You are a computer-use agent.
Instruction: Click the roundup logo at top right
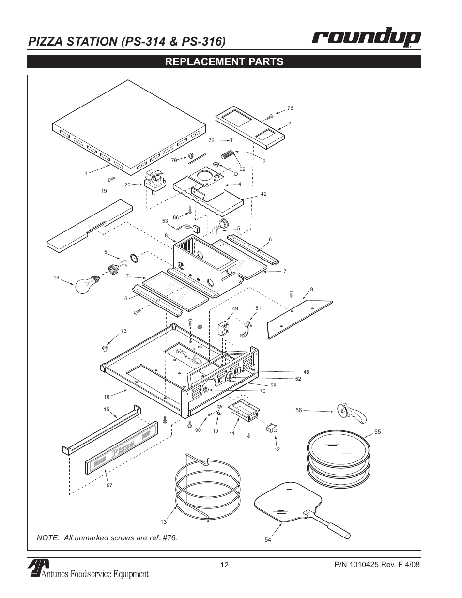coord(366,39)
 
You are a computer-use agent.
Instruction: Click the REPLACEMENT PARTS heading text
coord(224,61)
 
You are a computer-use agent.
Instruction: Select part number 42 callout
coord(264,194)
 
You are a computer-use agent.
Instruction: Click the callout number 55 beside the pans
coord(378,431)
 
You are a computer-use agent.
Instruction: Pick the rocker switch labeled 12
coord(272,428)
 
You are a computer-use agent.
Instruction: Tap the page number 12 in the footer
coord(224,565)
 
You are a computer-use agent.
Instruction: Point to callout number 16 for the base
coord(107,397)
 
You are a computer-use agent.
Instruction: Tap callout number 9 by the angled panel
coord(312,289)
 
